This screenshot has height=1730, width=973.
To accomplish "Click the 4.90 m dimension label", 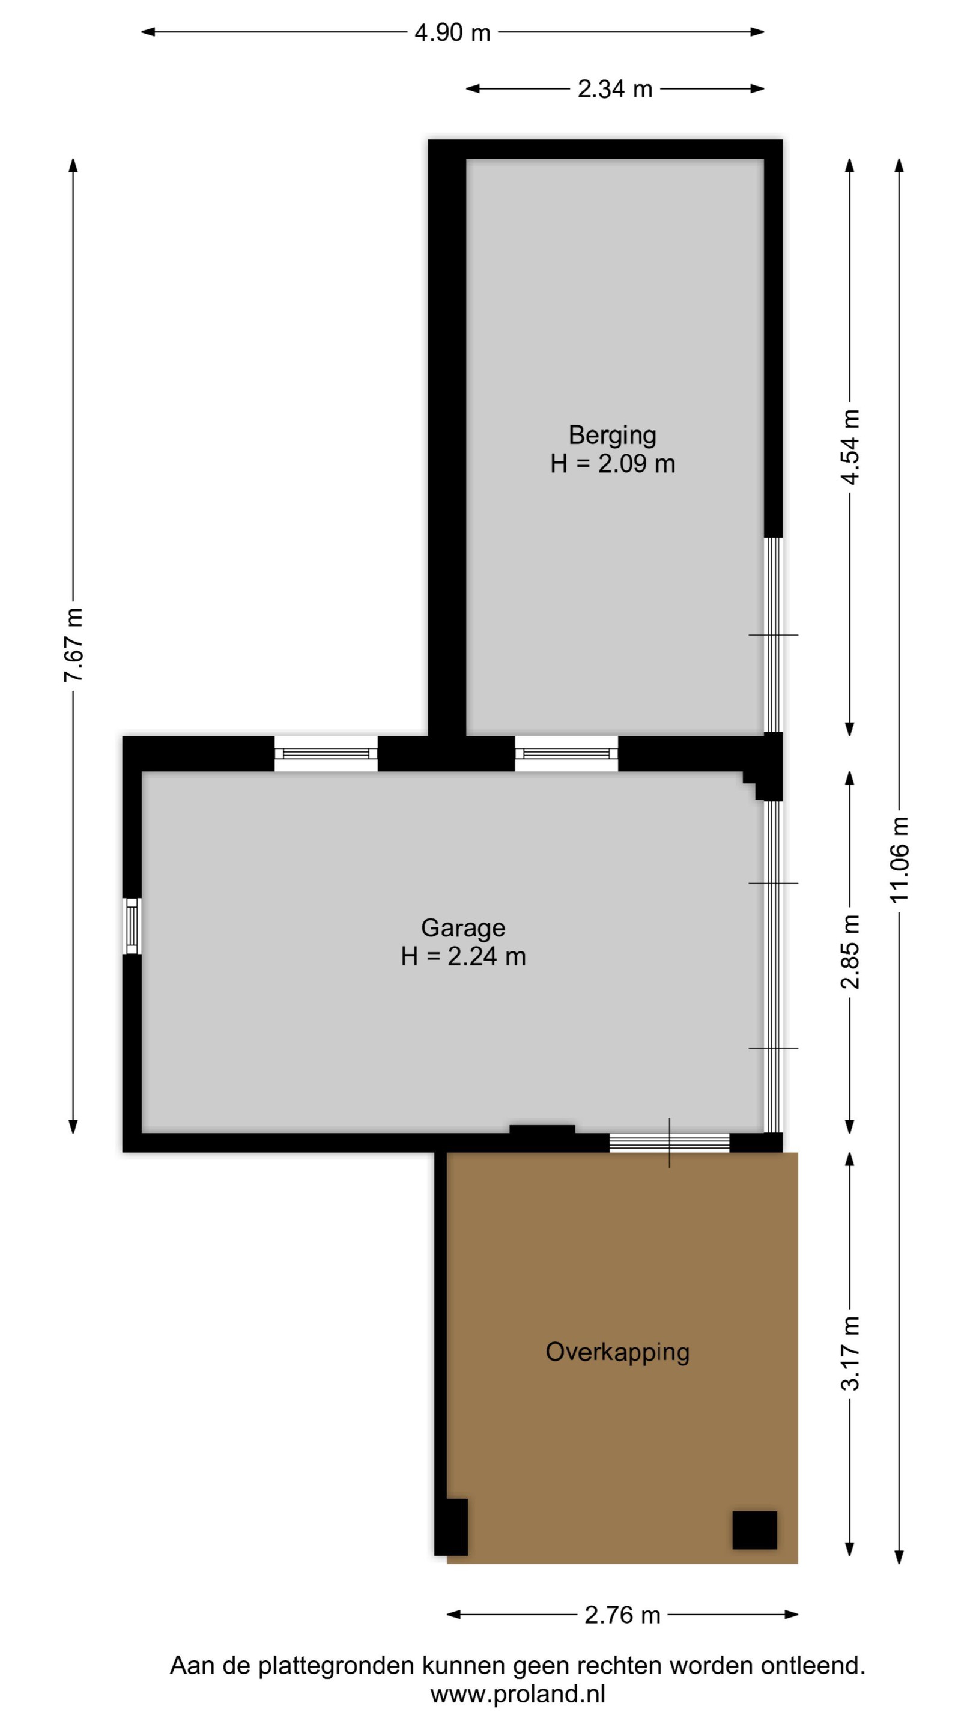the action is (453, 32).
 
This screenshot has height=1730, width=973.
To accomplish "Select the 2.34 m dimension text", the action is (615, 89).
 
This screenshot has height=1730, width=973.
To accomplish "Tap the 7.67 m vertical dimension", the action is (73, 645).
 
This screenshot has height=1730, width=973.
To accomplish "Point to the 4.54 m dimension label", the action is (850, 446).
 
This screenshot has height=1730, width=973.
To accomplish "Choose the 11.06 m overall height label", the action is (900, 860).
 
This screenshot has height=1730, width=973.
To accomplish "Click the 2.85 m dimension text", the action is (850, 951).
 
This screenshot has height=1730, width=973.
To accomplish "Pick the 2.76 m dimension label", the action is (622, 1615).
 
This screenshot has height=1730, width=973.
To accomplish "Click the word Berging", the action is (613, 435).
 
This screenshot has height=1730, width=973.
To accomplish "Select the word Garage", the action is (463, 927).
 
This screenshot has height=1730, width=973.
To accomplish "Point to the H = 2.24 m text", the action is (463, 956).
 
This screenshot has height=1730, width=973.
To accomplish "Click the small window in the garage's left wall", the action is (132, 926).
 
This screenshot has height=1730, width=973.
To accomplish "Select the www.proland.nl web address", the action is (518, 1695).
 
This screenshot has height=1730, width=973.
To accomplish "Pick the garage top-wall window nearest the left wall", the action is (326, 753).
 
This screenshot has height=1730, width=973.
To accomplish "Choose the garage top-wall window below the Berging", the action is (566, 753).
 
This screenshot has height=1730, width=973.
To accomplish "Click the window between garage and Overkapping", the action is (669, 1143).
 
